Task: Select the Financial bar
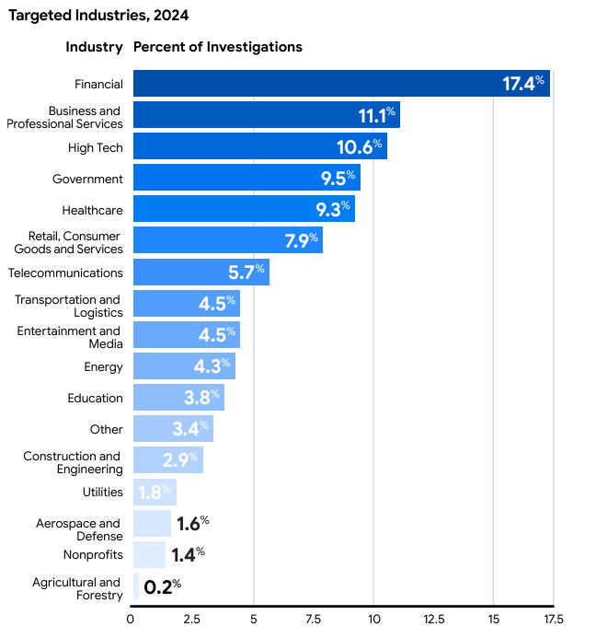click(340, 84)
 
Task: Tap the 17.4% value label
click(523, 84)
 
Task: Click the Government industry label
click(87, 179)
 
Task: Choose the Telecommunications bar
click(201, 272)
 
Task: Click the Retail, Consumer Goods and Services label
click(68, 242)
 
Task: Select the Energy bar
click(184, 365)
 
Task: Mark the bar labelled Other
click(173, 428)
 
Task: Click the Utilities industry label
click(102, 492)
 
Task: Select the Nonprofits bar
click(149, 554)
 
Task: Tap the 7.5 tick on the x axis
click(314, 619)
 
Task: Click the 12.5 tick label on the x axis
click(433, 619)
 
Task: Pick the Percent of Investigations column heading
click(218, 47)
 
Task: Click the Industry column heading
click(94, 47)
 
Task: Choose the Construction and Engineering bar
click(167, 459)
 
